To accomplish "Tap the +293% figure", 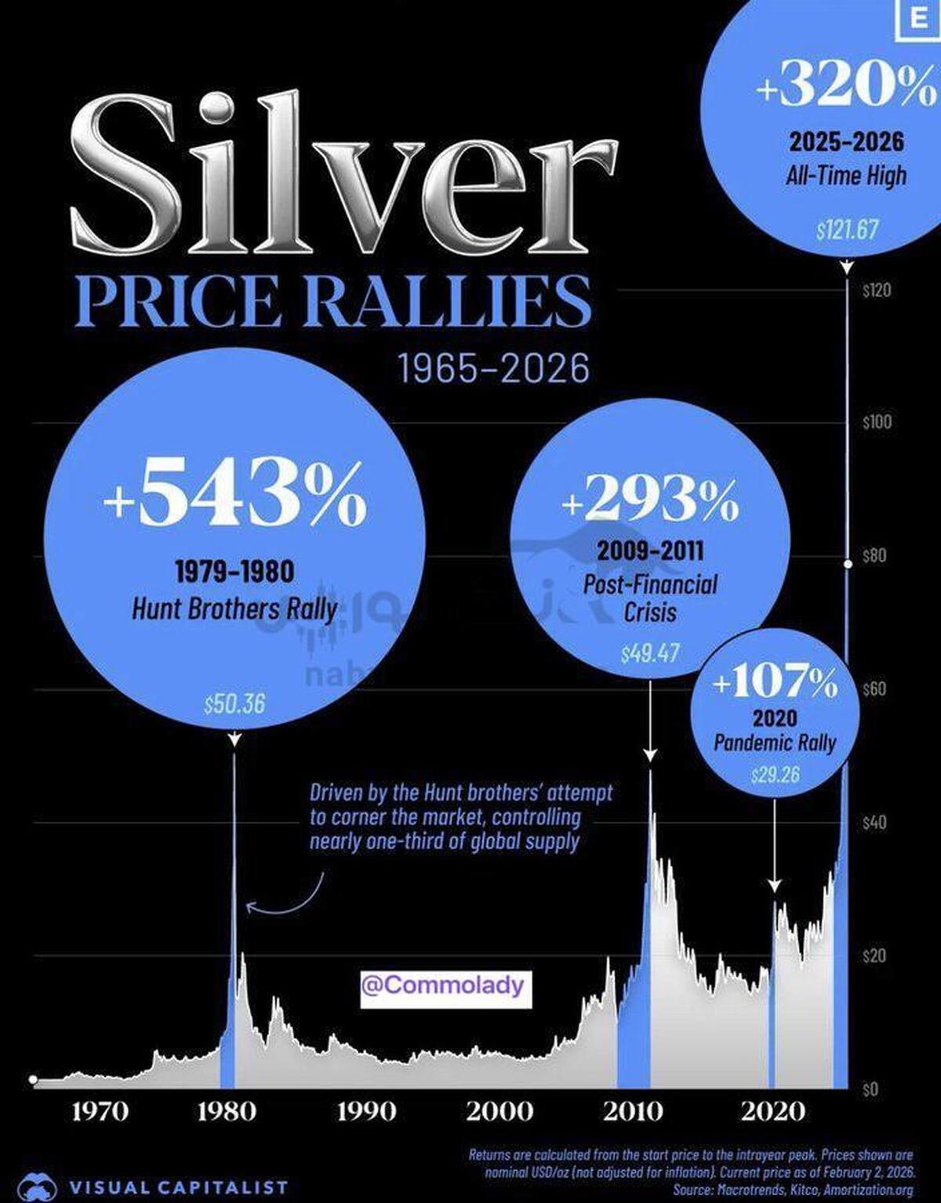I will (x=650, y=499).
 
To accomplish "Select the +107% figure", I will (x=775, y=682).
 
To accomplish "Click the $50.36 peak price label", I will (x=234, y=703).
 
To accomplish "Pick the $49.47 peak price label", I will (x=650, y=653).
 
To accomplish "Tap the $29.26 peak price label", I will (x=775, y=776).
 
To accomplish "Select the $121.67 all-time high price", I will (x=847, y=231).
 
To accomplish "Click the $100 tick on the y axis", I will (x=877, y=423).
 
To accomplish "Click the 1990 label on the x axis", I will (x=366, y=1111).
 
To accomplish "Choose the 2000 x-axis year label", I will (x=500, y=1111).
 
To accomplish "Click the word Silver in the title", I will (x=345, y=173).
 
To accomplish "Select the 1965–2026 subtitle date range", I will (x=494, y=369).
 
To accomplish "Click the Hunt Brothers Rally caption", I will (x=234, y=609).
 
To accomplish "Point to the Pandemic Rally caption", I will (x=775, y=743).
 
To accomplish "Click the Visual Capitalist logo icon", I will (x=38, y=1186).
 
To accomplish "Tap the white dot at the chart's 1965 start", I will (x=33, y=1080).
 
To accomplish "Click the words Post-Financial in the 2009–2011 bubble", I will (x=650, y=584).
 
